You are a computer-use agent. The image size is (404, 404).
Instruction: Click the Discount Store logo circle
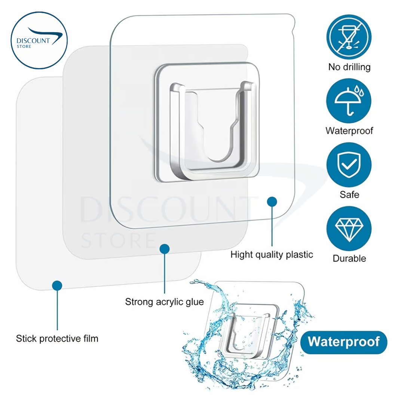click(39, 40)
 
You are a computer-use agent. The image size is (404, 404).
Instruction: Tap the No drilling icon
click(349, 38)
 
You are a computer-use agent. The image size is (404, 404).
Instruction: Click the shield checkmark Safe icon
click(349, 165)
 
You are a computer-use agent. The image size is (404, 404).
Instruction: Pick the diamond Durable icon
click(349, 229)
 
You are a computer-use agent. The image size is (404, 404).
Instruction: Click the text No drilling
click(349, 67)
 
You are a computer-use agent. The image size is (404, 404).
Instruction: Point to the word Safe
click(349, 195)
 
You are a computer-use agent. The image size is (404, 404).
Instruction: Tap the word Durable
click(349, 258)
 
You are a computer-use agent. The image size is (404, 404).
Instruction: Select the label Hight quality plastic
click(272, 255)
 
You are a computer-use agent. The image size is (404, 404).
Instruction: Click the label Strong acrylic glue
click(165, 302)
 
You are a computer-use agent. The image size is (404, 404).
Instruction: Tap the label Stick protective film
click(57, 339)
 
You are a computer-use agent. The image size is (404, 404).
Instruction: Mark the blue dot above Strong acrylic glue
click(165, 248)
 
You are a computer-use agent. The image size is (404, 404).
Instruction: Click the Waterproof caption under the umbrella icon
click(349, 131)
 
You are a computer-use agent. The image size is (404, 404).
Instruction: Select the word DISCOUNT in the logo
click(33, 41)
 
